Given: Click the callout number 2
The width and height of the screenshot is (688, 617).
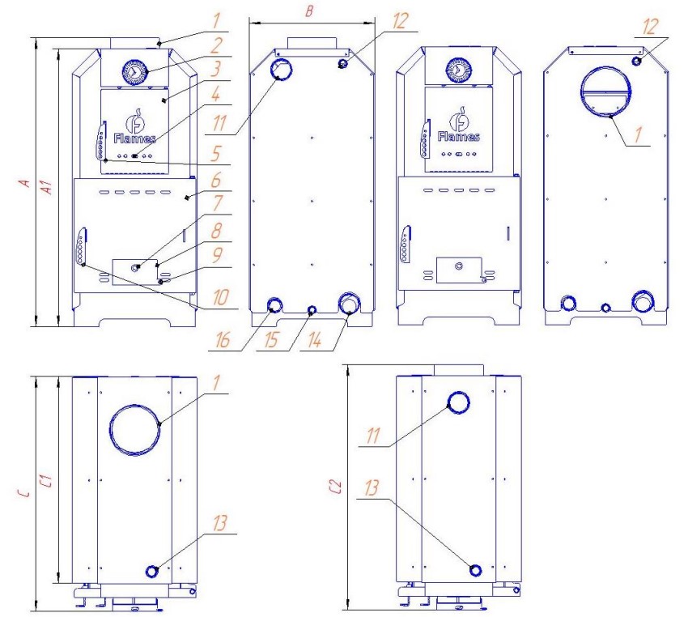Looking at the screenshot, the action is click(215, 45).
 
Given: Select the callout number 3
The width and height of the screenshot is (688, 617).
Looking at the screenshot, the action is click(216, 69).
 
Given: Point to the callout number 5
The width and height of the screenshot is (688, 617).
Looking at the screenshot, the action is click(216, 154).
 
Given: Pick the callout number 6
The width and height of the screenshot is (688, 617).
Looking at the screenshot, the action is click(216, 180).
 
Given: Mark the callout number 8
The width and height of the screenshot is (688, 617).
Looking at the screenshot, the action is click(216, 231).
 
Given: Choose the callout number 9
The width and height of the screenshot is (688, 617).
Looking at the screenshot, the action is click(217, 255).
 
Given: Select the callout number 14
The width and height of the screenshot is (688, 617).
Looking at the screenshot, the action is click(315, 340).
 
